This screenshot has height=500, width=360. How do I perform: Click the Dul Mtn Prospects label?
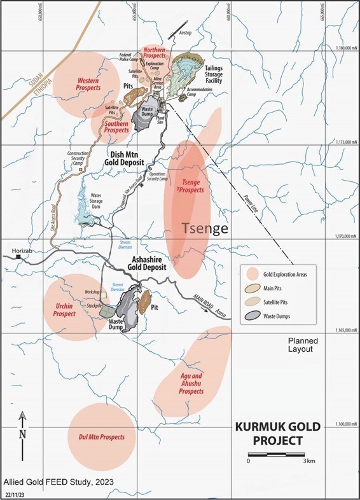click(x=101, y=438)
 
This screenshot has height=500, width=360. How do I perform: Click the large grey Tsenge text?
click(x=204, y=228)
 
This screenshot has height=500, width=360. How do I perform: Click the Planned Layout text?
click(x=302, y=345)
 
